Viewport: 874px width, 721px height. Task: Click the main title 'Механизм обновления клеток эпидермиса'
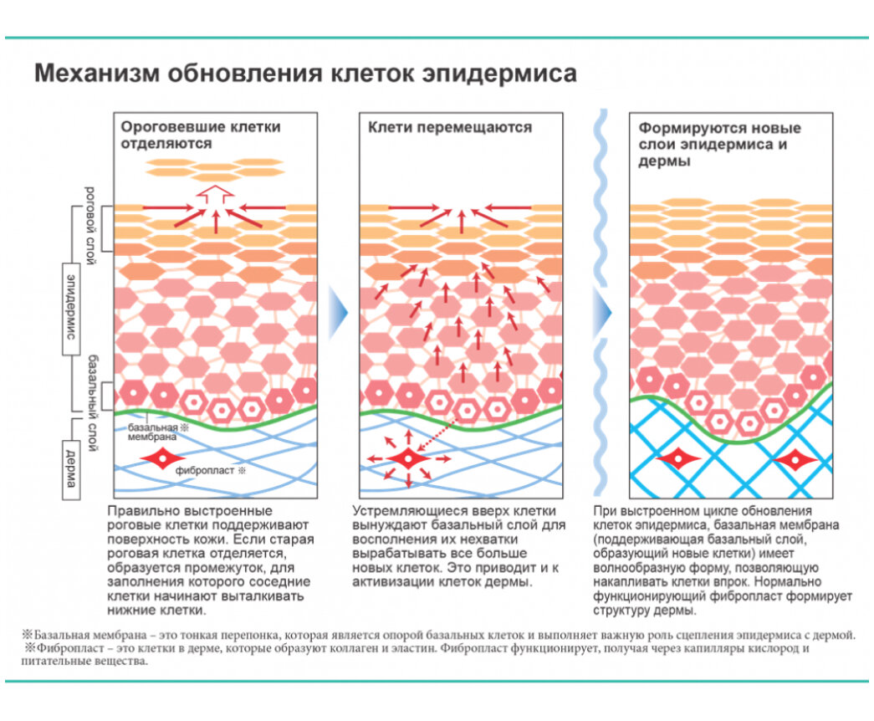coord(304,74)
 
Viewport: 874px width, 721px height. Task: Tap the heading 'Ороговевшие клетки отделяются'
coord(201,136)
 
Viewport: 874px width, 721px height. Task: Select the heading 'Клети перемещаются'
coord(450,128)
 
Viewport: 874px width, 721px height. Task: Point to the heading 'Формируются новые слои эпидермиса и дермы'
coord(719,145)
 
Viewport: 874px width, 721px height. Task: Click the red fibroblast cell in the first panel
coord(158,459)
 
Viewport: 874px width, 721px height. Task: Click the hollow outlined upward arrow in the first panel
coord(216,195)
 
